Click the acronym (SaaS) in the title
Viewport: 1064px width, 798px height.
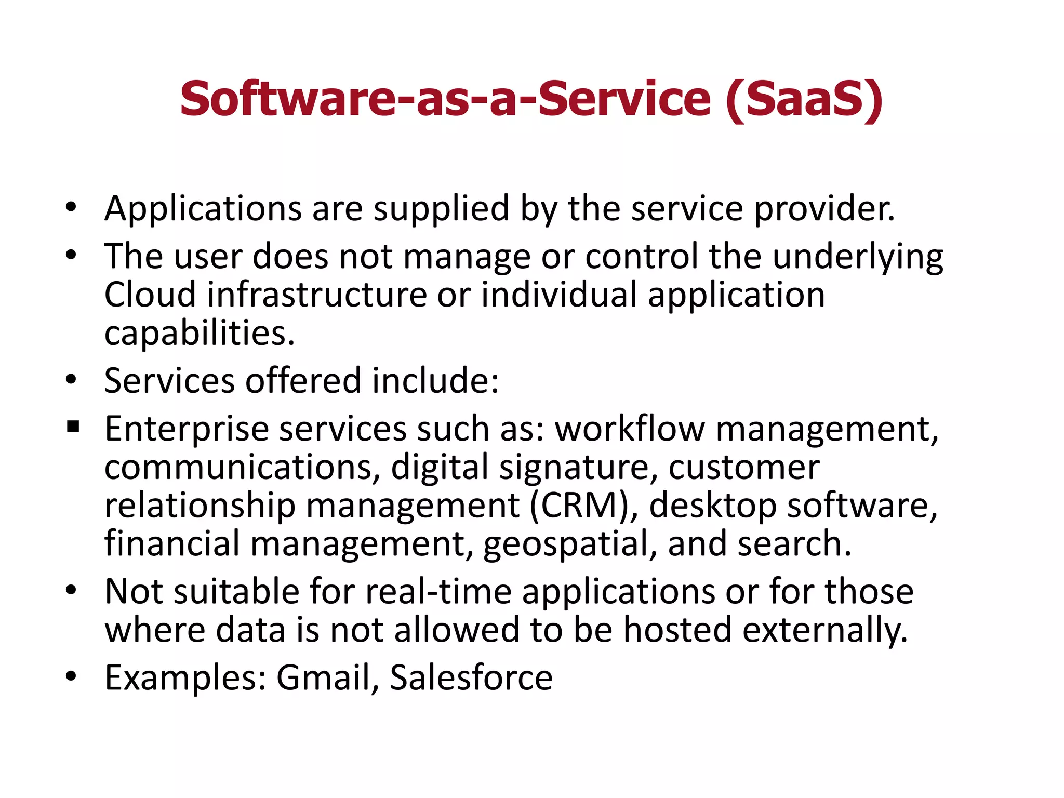804,100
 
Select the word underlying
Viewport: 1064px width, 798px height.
858,257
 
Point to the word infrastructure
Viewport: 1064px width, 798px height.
317,295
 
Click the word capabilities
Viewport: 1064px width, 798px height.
199,334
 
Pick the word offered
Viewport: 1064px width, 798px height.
303,381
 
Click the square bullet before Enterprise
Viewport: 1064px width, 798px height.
73,428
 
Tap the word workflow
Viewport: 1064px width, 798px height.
630,429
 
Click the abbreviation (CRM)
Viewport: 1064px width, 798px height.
584,506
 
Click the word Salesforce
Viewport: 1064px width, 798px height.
471,678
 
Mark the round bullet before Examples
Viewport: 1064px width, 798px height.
71,676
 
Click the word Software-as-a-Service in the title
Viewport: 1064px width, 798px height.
445,100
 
